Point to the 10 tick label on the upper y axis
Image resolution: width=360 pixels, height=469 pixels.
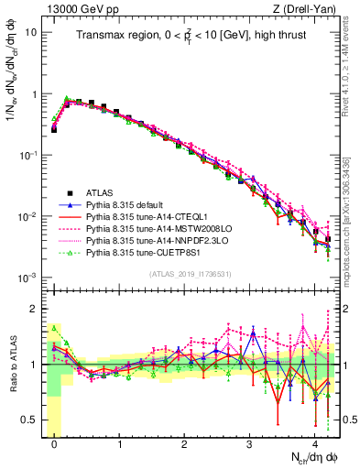(x=30, y=32)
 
